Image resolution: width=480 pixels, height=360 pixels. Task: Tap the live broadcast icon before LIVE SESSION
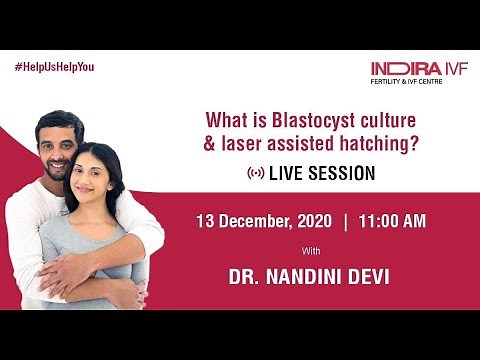pos(256,173)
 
